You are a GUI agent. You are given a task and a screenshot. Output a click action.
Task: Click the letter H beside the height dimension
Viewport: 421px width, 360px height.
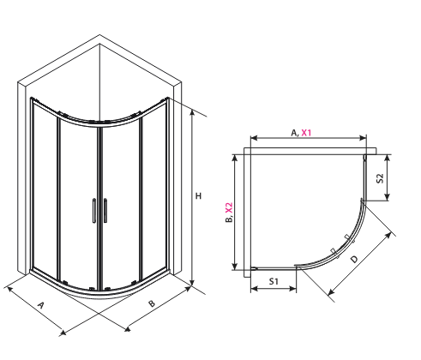point(198,196)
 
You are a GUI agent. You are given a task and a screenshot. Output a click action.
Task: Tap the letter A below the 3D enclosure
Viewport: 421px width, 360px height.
point(41,305)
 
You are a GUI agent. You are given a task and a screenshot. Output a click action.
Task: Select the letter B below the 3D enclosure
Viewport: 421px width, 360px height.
point(152,303)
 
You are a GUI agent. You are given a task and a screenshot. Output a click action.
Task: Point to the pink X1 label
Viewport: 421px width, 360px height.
point(306,133)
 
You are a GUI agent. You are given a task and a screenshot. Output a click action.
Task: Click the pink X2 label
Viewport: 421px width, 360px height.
point(228,208)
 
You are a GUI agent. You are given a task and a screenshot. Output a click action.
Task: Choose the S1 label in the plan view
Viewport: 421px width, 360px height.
point(274,281)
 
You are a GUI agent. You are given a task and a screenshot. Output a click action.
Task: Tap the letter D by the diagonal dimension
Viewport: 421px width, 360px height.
point(353,257)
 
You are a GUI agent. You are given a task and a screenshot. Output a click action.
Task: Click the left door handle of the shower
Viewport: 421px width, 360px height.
point(93,211)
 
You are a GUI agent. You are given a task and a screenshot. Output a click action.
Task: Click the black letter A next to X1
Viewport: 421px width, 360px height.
point(293,133)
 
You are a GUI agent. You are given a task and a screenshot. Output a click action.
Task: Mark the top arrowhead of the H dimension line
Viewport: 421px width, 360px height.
point(193,114)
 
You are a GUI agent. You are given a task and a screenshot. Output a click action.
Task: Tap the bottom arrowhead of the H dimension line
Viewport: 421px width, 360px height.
point(193,285)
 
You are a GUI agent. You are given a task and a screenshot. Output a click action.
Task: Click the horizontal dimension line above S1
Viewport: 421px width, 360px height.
point(274,291)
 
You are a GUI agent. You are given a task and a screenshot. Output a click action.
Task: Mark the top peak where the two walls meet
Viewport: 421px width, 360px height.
point(99,35)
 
